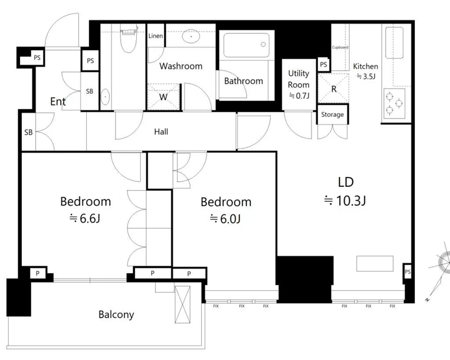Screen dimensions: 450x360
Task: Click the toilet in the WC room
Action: click(128, 38)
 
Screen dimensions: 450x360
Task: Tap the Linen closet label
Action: click(156, 36)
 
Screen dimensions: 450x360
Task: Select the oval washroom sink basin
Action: click(191, 36)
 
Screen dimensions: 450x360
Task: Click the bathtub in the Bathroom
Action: click(247, 45)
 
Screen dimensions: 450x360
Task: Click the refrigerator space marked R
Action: click(333, 88)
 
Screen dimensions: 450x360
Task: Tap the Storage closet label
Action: click(332, 114)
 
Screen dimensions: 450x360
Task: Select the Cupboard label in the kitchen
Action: click(340, 47)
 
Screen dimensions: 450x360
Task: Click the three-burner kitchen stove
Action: click(394, 104)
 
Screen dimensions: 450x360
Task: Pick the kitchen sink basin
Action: click(394, 43)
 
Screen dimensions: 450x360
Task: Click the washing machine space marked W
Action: click(163, 97)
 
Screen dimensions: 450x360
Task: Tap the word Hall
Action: click(161, 132)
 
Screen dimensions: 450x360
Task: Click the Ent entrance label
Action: click(57, 101)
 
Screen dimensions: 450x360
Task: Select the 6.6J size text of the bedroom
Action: click(85, 219)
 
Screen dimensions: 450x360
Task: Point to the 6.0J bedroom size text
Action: click(225, 219)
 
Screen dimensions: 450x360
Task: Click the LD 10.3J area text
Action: click(345, 192)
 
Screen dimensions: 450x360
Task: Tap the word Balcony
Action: click(116, 315)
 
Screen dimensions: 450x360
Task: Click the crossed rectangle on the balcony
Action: click(183, 304)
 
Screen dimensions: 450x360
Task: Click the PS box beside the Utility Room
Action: click(324, 64)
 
